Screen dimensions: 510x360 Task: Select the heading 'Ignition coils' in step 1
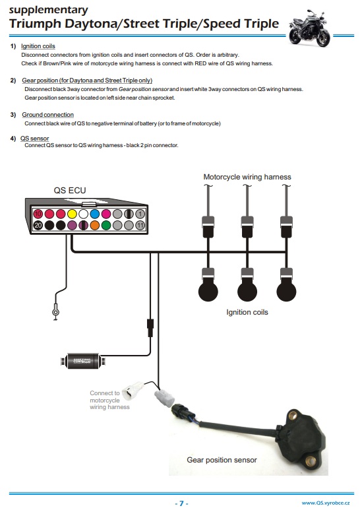(x=38, y=47)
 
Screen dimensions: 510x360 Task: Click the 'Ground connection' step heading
(x=48, y=115)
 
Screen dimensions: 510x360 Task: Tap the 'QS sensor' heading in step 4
(x=34, y=139)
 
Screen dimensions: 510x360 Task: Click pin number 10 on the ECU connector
(x=38, y=214)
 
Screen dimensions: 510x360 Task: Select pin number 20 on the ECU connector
(x=38, y=226)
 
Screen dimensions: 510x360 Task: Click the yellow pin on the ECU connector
(x=72, y=214)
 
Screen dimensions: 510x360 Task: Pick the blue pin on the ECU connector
(x=95, y=214)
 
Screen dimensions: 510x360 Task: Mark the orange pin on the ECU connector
(x=95, y=226)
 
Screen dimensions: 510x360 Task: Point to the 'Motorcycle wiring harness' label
(x=247, y=177)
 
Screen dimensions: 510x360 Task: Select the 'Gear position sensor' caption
(x=222, y=460)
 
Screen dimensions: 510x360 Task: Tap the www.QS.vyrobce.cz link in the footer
(x=326, y=503)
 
